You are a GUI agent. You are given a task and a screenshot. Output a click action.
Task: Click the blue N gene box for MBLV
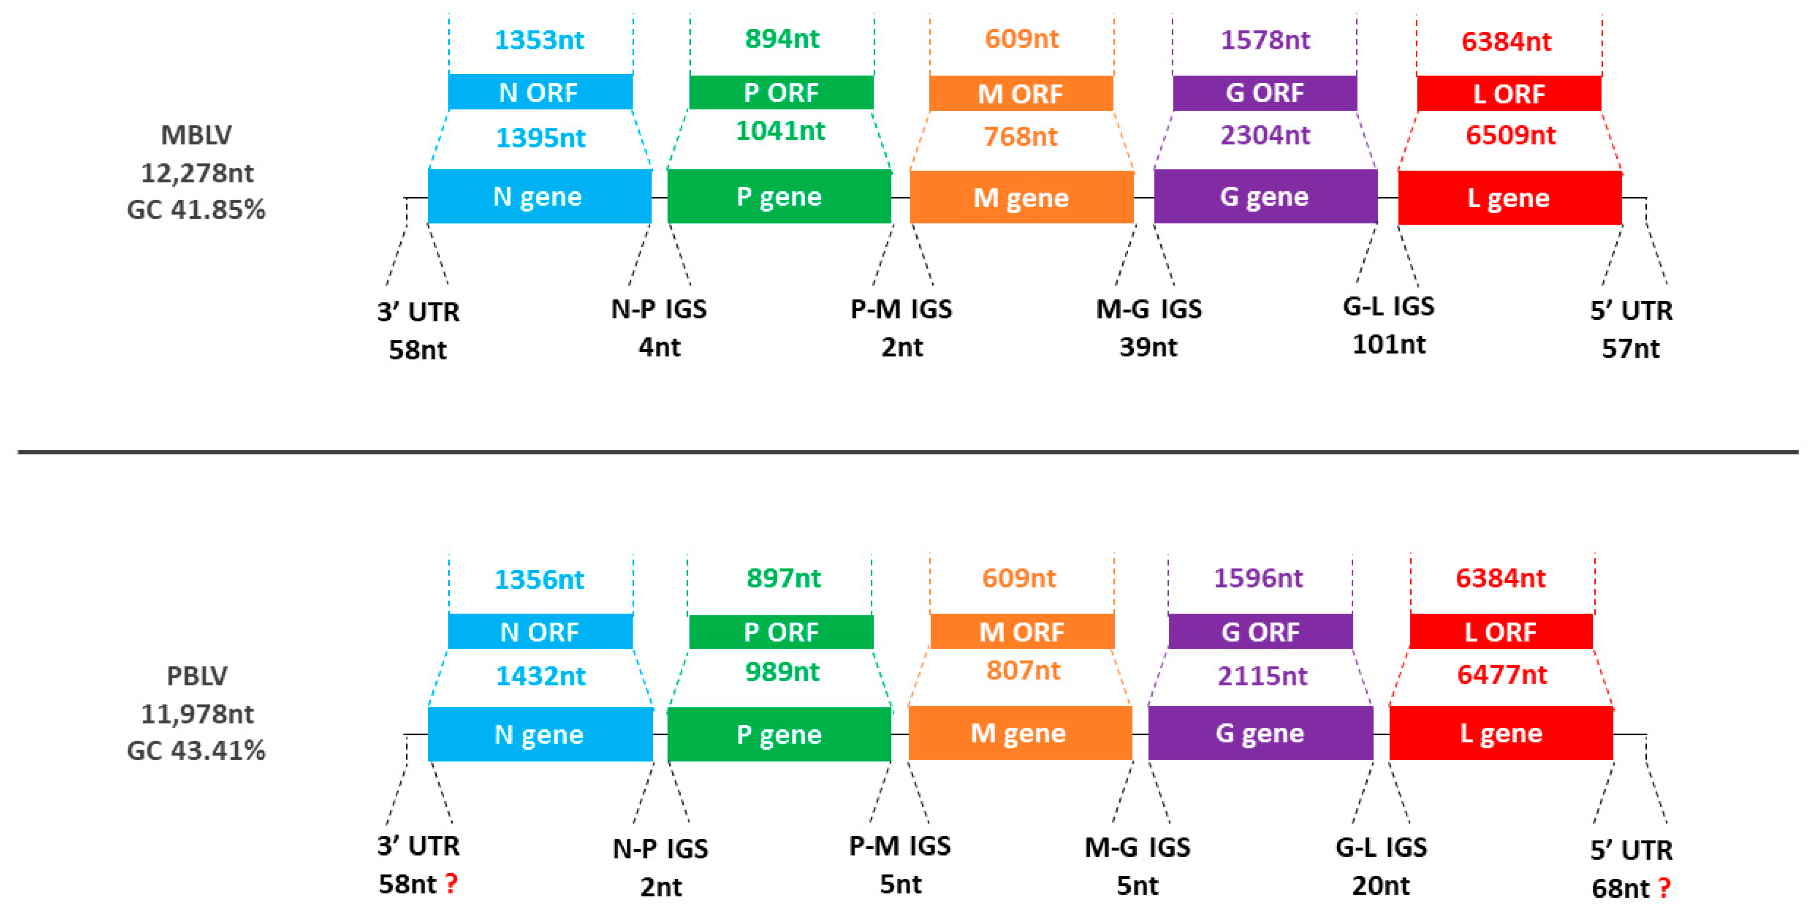click(539, 197)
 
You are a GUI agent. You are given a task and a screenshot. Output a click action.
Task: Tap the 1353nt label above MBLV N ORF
click(539, 40)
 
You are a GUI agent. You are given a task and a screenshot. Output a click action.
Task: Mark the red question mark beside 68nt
click(1664, 888)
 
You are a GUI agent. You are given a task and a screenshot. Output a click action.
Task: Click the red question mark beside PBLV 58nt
click(452, 883)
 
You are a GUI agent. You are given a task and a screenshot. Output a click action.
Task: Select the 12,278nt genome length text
click(197, 173)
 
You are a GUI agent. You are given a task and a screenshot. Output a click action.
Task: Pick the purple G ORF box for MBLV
click(1264, 93)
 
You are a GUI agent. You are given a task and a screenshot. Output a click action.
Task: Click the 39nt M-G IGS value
click(1148, 347)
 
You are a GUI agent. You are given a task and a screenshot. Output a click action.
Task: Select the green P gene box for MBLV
click(779, 197)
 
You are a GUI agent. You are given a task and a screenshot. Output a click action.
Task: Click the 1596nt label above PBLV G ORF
click(1259, 578)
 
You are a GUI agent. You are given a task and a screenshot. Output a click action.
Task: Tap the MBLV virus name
click(196, 135)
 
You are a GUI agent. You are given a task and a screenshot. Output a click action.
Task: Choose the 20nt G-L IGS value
click(1380, 886)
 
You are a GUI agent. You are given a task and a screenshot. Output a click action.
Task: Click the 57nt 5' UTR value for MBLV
click(1630, 348)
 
